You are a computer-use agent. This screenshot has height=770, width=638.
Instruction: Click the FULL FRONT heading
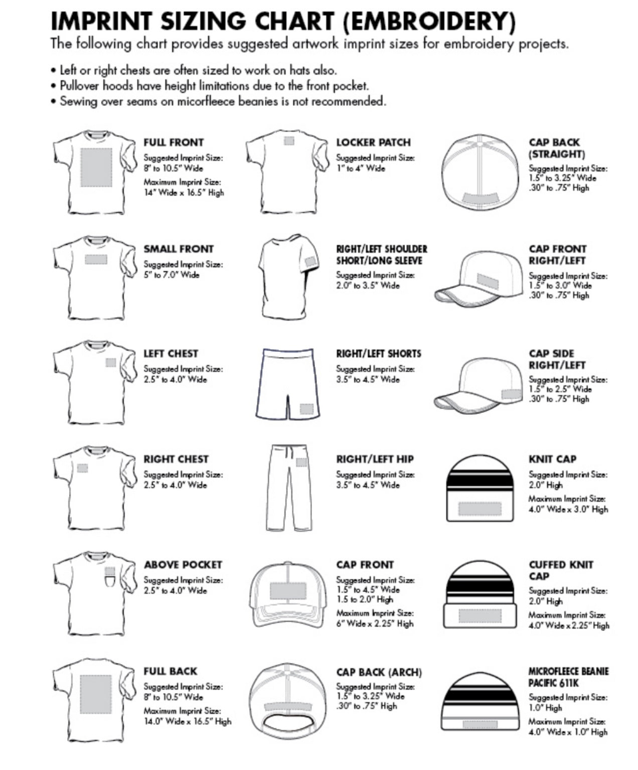[x=174, y=142]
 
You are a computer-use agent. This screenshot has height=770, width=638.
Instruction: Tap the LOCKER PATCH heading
[x=373, y=142]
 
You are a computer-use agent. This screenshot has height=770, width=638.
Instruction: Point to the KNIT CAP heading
[x=552, y=459]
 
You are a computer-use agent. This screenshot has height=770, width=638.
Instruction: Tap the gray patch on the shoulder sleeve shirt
[x=311, y=262]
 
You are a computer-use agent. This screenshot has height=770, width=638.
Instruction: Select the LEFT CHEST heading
[x=171, y=354]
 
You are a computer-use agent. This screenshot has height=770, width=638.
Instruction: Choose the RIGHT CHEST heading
[x=176, y=459]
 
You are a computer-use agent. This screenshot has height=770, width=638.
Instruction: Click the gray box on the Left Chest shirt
[x=111, y=362]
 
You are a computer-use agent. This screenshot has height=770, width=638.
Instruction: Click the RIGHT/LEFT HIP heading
[x=375, y=459]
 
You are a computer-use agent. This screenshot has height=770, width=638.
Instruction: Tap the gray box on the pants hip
[x=300, y=462]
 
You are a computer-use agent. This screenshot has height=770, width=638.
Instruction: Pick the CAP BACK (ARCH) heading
[x=379, y=672]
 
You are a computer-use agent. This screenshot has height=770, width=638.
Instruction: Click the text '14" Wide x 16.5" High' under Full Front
[x=184, y=193]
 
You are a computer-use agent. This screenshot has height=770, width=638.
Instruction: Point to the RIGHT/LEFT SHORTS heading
[x=378, y=354]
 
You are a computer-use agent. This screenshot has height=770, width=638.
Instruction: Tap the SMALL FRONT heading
[x=178, y=249]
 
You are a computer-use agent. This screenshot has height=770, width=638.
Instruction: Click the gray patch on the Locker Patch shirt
[x=288, y=141]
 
